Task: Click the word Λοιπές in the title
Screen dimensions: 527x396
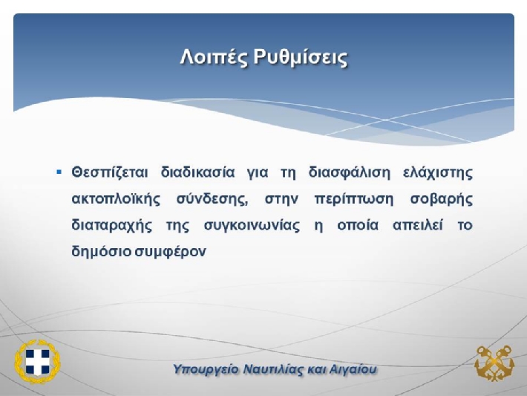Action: point(214,57)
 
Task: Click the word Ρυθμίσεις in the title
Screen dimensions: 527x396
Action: point(300,57)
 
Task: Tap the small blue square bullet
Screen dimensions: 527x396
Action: point(59,172)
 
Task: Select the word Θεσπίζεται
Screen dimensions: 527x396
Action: point(110,172)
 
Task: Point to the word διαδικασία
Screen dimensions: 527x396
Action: point(197,172)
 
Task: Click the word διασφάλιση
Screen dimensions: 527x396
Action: point(350,172)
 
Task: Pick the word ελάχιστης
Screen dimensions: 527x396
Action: point(438,172)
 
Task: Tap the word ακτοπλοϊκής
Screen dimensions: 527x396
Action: point(116,198)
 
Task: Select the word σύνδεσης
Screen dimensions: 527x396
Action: point(212,199)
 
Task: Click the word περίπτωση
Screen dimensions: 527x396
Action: point(353,199)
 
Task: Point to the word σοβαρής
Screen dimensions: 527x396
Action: point(442,199)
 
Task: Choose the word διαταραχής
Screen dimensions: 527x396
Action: point(111,225)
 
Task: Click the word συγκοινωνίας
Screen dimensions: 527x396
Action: point(252,226)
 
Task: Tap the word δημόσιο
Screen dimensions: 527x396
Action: point(101,251)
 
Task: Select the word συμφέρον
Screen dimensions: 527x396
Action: point(171,252)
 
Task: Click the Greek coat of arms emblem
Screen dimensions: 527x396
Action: point(37,362)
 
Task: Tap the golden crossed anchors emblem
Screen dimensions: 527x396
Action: point(494,363)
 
